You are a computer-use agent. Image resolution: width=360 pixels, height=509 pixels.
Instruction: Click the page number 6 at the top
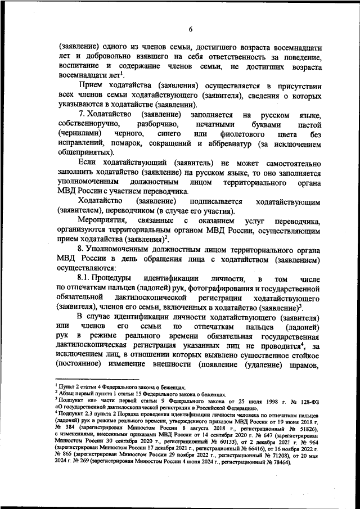coord(191,29)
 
